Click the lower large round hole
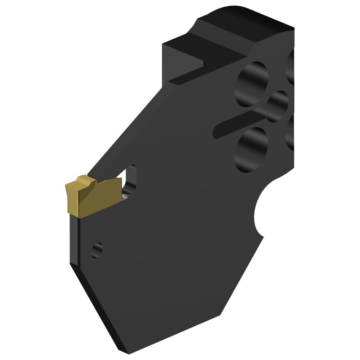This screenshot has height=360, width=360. click(252, 149)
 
